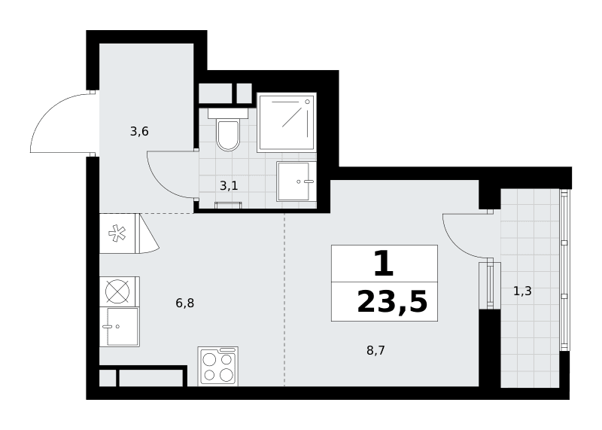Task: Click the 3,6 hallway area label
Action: point(139,132)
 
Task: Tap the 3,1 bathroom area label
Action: point(229,186)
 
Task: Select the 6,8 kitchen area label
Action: point(184,303)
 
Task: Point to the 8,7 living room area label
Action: point(375,350)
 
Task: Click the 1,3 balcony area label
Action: point(522,291)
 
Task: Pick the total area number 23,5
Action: point(392,303)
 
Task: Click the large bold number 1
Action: point(384,264)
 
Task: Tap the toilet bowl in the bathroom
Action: point(228,136)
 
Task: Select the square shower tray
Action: point(287,122)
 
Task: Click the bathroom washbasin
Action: point(296,181)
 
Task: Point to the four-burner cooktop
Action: point(217,366)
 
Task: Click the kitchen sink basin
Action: point(123,327)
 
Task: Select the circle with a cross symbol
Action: point(117,291)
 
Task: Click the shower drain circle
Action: point(307,102)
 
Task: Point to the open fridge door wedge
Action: point(148,234)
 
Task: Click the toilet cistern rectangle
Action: point(228,113)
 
